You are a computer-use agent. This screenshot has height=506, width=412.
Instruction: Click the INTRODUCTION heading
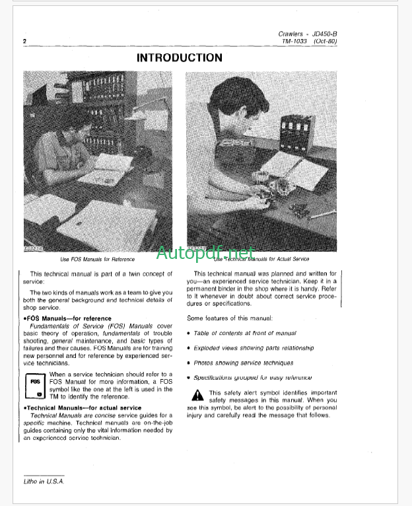pyautogui.click(x=180, y=57)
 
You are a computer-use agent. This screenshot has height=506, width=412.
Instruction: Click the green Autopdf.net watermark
pyautogui.click(x=205, y=252)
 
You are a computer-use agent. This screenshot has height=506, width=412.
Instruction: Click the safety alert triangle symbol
pyautogui.click(x=197, y=395)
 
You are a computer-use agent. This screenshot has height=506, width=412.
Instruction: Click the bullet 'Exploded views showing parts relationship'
pyautogui.click(x=254, y=347)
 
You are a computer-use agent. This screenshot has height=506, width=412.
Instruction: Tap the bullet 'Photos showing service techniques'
pyautogui.click(x=243, y=363)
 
